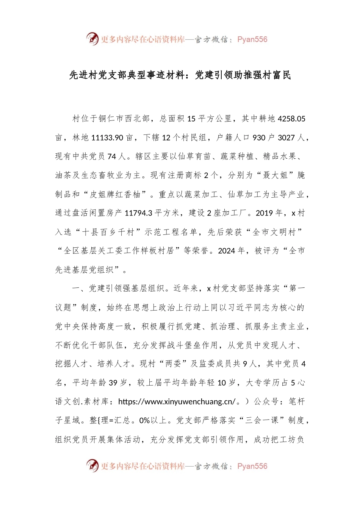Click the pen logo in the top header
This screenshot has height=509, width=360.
pyautogui.click(x=92, y=39)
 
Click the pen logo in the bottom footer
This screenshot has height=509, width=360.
pyautogui.click(x=92, y=465)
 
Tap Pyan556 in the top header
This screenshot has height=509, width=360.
pyautogui.click(x=252, y=39)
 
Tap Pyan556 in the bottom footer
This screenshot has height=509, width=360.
pyautogui.click(x=252, y=466)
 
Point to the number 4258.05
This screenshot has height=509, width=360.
pyautogui.click(x=291, y=119)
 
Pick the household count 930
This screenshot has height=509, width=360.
pyautogui.click(x=259, y=137)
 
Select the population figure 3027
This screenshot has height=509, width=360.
pyautogui.click(x=286, y=137)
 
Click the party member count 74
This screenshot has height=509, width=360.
pyautogui.click(x=112, y=156)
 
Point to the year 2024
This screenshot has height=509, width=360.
pyautogui.click(x=227, y=251)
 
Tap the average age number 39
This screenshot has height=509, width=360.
pyautogui.click(x=113, y=383)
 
